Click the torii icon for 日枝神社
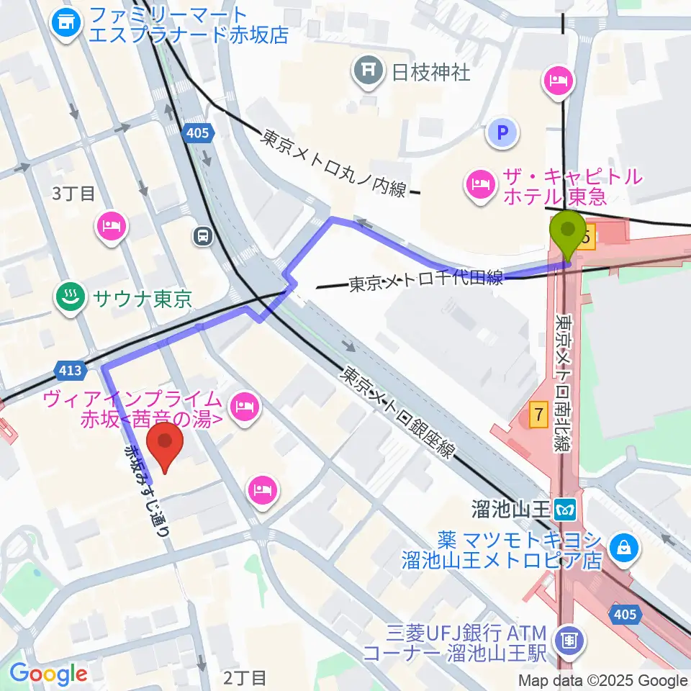[x=368, y=71]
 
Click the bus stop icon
[x=202, y=235]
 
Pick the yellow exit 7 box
[x=537, y=414]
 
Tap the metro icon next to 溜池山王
[x=566, y=510]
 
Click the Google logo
[x=48, y=674]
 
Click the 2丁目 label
[x=245, y=677]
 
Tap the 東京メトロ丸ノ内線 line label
[x=334, y=163]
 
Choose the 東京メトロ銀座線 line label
[x=398, y=413]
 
